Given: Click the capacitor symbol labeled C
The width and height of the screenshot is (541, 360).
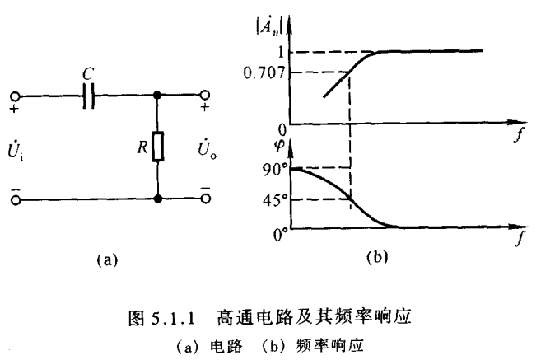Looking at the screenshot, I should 91,96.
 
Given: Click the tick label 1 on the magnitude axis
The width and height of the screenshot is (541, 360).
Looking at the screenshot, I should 279,52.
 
